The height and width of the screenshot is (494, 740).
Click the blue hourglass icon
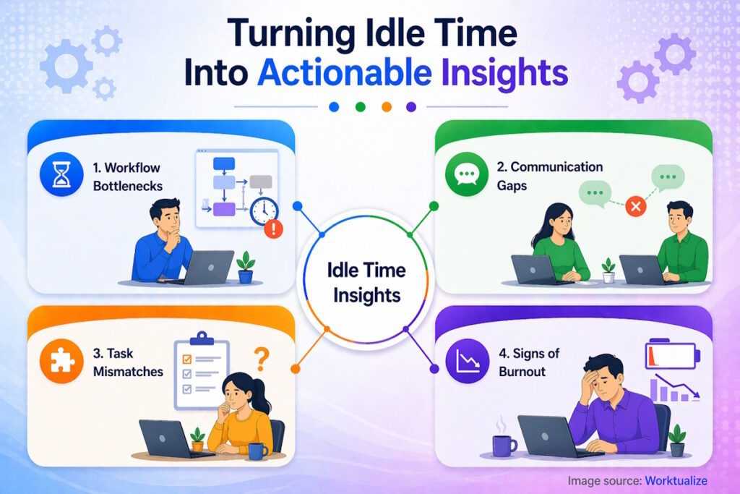(x=63, y=176)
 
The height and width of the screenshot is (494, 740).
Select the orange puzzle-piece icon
(x=63, y=362)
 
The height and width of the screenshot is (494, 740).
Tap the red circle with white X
(x=636, y=208)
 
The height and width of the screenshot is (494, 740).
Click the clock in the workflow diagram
(x=264, y=210)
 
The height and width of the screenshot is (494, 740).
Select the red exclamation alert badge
(x=274, y=230)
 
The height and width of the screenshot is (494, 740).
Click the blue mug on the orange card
(x=256, y=450)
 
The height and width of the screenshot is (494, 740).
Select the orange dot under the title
(x=386, y=107)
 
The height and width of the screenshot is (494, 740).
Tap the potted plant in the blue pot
(x=246, y=267)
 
